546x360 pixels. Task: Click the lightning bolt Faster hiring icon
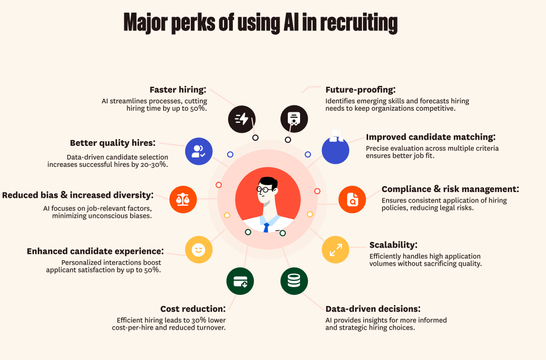[x=242, y=119]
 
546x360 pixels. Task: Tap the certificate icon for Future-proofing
[x=294, y=119]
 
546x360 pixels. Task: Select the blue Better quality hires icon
[x=199, y=151]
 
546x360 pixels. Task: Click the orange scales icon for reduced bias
[x=183, y=199]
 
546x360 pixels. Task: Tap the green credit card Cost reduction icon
[x=240, y=281]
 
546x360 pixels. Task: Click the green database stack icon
[x=294, y=281]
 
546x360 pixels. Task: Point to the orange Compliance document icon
[x=352, y=199]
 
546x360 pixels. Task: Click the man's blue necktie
[x=266, y=227]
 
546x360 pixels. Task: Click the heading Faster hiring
[x=177, y=90]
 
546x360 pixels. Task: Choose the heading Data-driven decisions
[x=372, y=309]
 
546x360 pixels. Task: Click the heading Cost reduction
[x=192, y=309]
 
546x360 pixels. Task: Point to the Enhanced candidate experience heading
[x=95, y=251]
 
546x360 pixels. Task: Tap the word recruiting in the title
[x=358, y=24]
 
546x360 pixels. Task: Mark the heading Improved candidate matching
[x=430, y=137]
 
